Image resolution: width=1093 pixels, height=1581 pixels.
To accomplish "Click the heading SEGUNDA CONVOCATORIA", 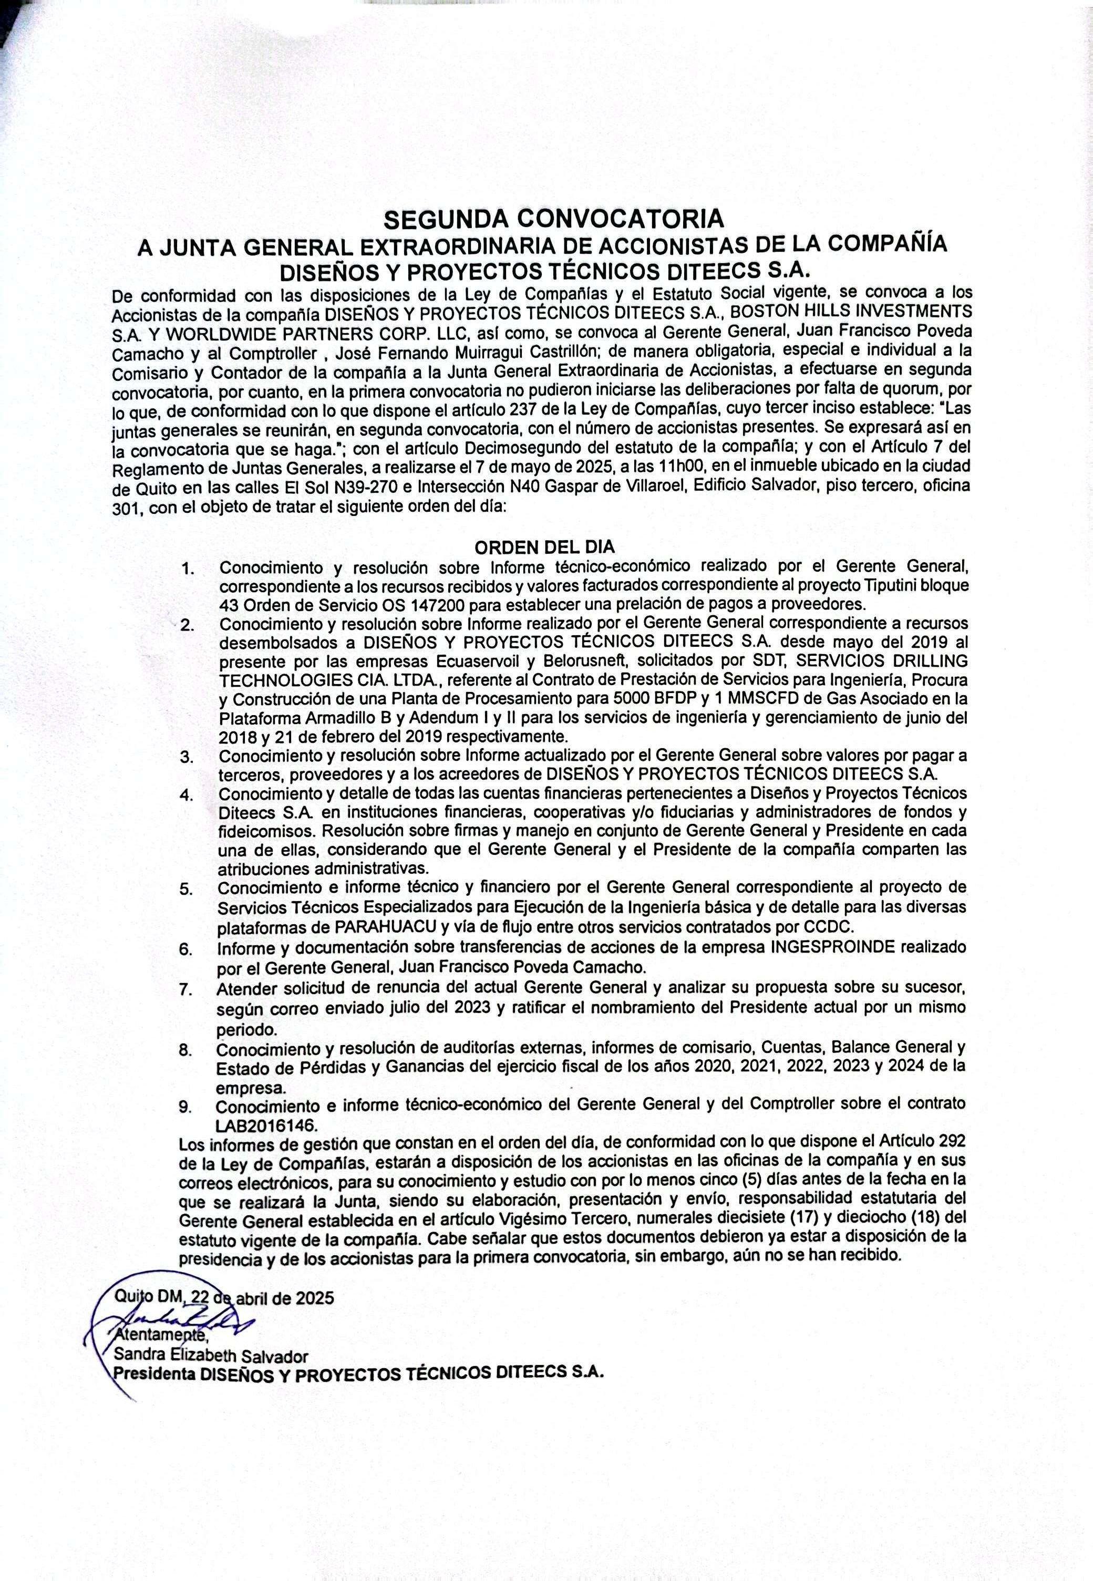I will click(x=553, y=219).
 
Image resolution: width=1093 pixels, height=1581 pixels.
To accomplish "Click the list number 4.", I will click(x=185, y=795).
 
